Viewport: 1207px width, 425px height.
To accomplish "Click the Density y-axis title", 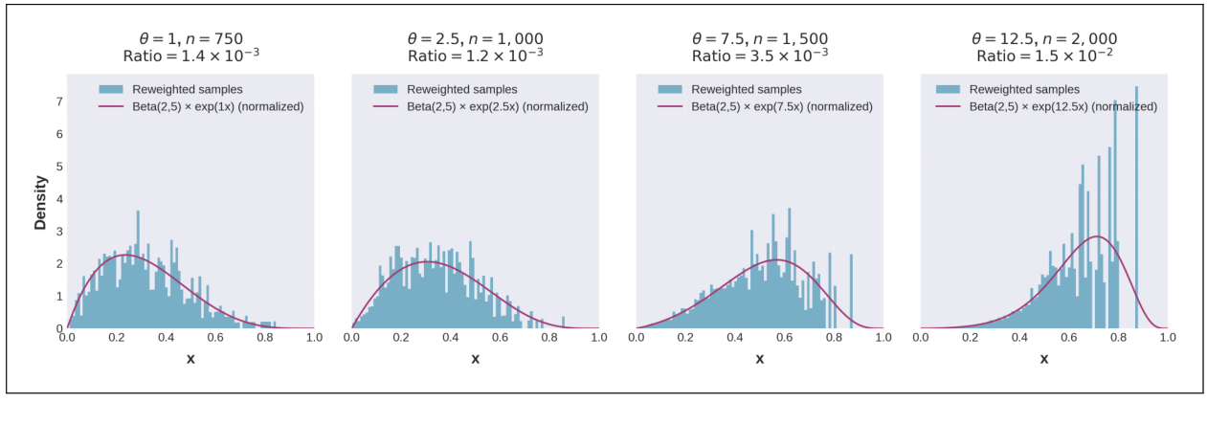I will pyautogui.click(x=41, y=201).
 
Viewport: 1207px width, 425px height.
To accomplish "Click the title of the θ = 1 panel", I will pyautogui.click(x=190, y=47).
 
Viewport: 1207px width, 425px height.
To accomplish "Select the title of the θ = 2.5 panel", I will pyautogui.click(x=475, y=47).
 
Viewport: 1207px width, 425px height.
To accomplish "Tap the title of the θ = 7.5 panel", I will pyautogui.click(x=759, y=47).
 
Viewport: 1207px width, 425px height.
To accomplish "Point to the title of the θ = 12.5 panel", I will pyautogui.click(x=1043, y=47).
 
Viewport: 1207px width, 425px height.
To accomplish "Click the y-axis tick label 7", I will pyautogui.click(x=58, y=101).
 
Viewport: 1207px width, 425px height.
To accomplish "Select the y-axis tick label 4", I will pyautogui.click(x=58, y=199).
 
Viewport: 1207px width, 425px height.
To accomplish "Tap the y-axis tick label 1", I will pyautogui.click(x=58, y=296).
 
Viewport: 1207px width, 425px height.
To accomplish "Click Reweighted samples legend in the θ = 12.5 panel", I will pyautogui.click(x=1016, y=89).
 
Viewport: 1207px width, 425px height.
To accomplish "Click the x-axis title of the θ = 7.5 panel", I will pyautogui.click(x=759, y=360).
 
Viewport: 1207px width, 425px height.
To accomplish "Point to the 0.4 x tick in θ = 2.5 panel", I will pyautogui.click(x=450, y=338).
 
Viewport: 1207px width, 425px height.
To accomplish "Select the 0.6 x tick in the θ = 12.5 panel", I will pyautogui.click(x=1068, y=338).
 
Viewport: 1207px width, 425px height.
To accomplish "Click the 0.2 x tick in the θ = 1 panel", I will pyautogui.click(x=117, y=338).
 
